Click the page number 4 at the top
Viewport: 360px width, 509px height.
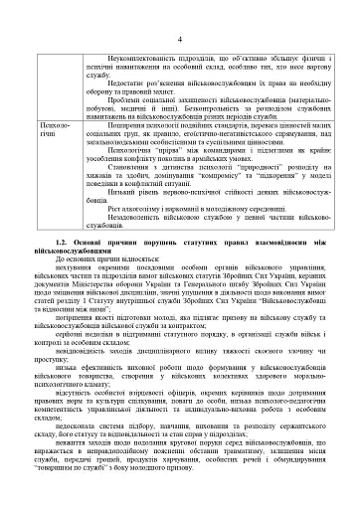click(179, 11)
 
